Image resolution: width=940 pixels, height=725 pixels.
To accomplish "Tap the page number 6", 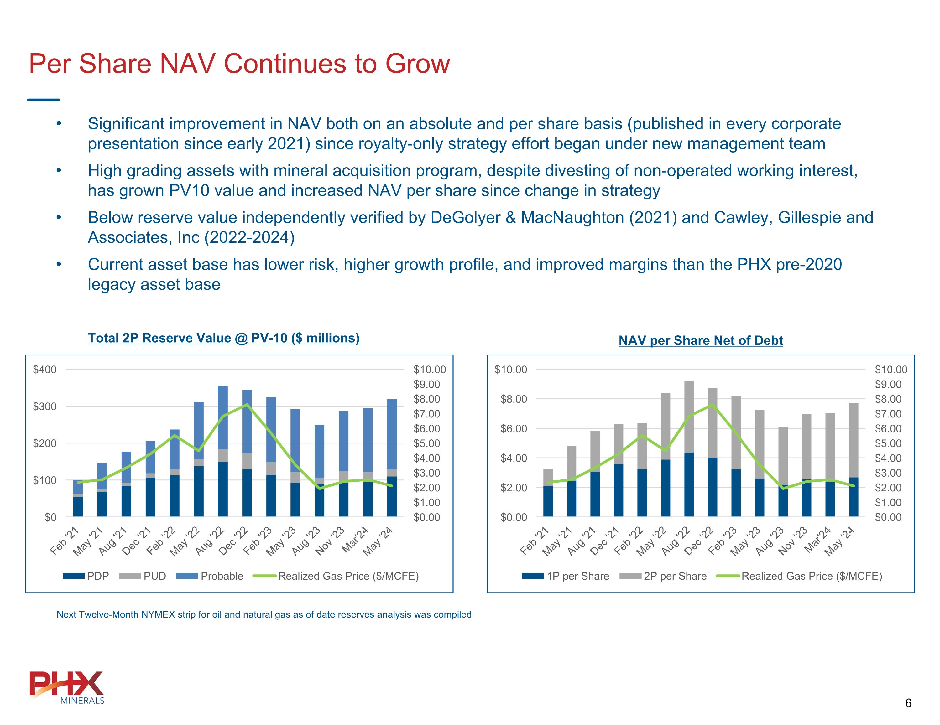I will point(908,703).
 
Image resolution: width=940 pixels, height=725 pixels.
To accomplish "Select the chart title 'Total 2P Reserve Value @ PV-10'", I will point(223,338).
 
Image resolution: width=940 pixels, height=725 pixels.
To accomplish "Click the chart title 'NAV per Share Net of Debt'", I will point(700,341).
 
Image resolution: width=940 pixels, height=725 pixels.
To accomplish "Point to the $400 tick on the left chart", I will point(45,370).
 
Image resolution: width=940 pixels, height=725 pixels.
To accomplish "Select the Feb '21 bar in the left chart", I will point(78,498).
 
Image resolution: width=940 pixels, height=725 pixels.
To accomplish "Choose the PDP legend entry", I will point(86,576).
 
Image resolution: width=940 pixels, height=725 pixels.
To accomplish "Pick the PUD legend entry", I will point(143,576).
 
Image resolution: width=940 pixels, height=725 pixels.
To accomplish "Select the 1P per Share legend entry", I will point(566,576).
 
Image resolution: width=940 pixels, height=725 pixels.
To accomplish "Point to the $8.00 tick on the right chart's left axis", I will point(514,399).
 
